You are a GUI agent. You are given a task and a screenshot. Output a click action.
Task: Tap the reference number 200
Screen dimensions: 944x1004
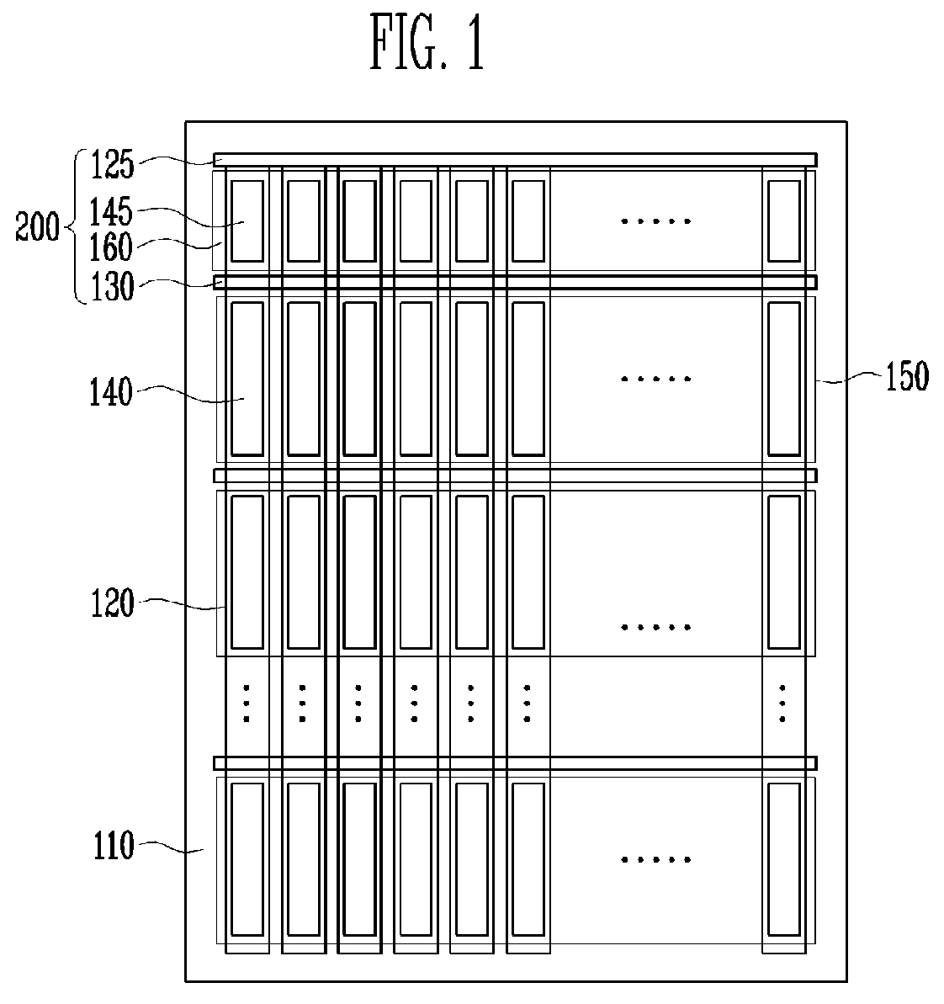(x=37, y=226)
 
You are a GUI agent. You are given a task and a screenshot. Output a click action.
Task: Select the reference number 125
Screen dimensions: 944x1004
(x=112, y=165)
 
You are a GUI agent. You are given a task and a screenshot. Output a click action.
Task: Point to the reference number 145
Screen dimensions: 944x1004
(x=111, y=211)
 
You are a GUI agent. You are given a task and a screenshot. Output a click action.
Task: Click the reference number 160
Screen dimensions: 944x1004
(x=111, y=247)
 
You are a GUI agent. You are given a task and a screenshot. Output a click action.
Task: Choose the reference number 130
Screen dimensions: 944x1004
(x=112, y=286)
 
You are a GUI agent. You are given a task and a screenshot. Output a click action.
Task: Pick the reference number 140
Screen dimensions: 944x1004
(x=111, y=392)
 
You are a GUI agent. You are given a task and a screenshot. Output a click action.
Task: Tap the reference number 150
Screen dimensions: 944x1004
(x=907, y=376)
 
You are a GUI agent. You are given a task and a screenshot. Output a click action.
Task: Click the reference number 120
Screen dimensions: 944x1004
(x=112, y=603)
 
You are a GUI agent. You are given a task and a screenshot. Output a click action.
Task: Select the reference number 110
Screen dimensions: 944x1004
(x=114, y=845)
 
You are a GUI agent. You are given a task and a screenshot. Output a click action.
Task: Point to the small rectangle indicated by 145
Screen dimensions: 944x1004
(x=247, y=220)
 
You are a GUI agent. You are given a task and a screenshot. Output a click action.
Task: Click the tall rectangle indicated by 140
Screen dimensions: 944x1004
(x=247, y=379)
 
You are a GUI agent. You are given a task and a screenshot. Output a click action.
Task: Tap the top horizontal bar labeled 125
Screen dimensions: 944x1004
(x=515, y=159)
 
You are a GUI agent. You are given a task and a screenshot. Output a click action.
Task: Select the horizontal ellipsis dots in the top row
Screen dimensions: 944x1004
(x=656, y=220)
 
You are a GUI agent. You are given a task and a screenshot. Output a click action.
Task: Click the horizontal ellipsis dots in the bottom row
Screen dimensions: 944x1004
(x=656, y=859)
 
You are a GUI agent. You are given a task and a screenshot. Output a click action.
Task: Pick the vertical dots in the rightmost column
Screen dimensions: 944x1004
(x=782, y=704)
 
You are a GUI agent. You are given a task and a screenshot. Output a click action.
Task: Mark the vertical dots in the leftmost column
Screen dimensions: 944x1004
(x=247, y=704)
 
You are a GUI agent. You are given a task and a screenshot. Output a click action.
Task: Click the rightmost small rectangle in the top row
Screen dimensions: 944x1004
(x=784, y=220)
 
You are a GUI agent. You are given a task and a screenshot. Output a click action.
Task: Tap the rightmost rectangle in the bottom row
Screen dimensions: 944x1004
(x=784, y=858)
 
